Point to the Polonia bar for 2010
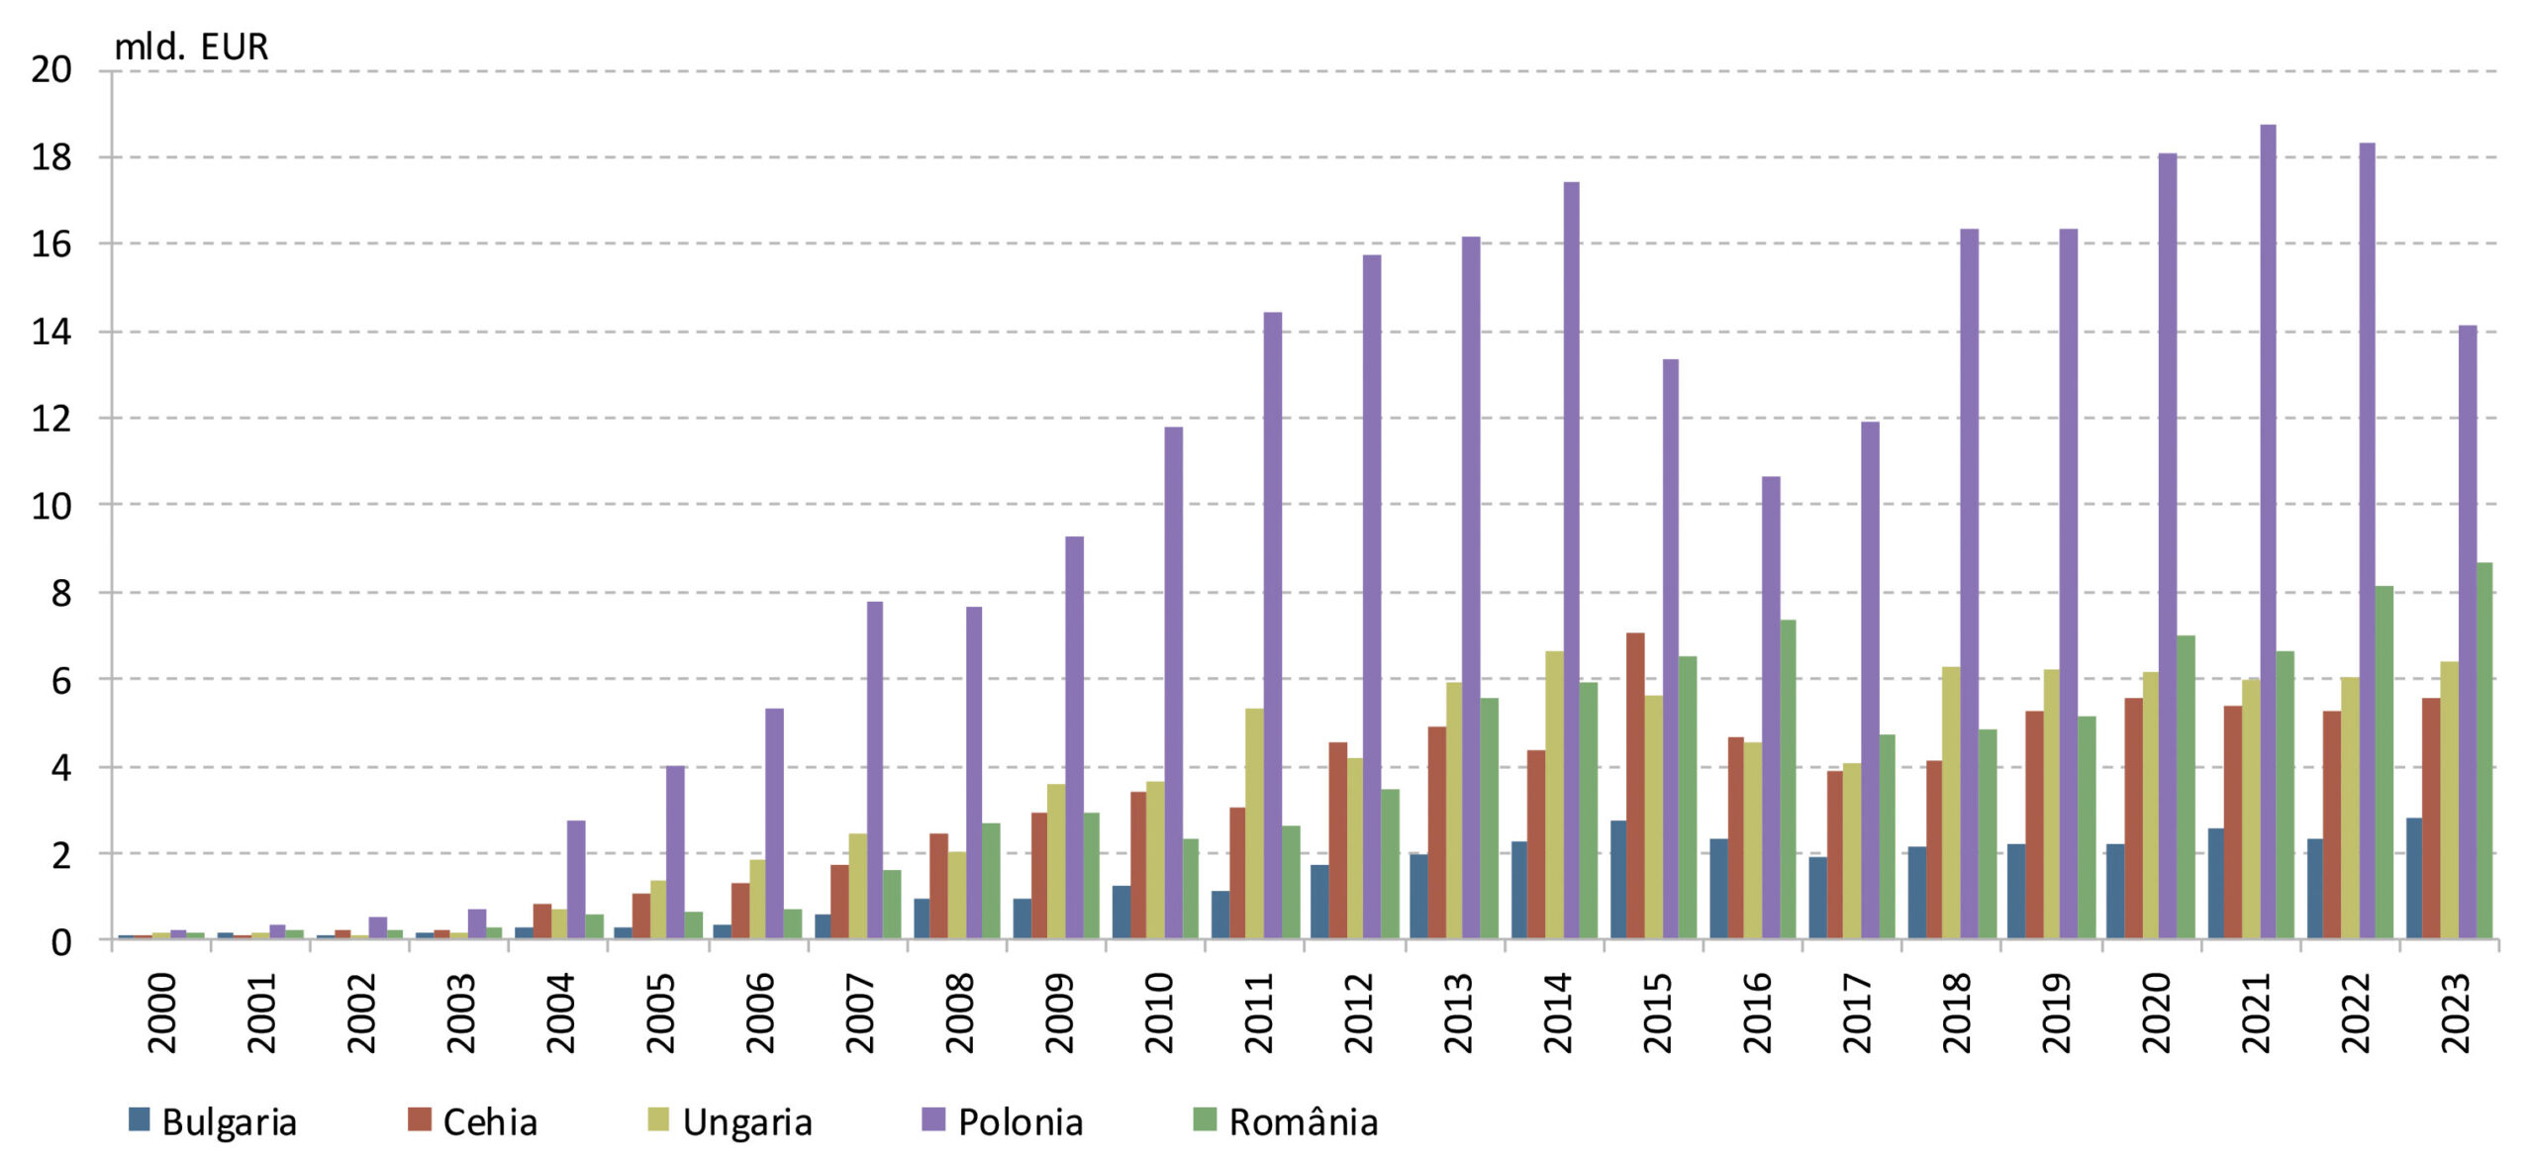pos(1174,683)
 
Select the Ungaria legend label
pos(747,1121)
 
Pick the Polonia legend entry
pos(1020,1121)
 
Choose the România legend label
pos(1303,1121)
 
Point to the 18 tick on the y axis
pos(51,157)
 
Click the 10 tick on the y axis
pos(51,506)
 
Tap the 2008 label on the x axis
pos(959,1012)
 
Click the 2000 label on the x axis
pos(161,1012)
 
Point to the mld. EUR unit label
pos(191,47)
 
